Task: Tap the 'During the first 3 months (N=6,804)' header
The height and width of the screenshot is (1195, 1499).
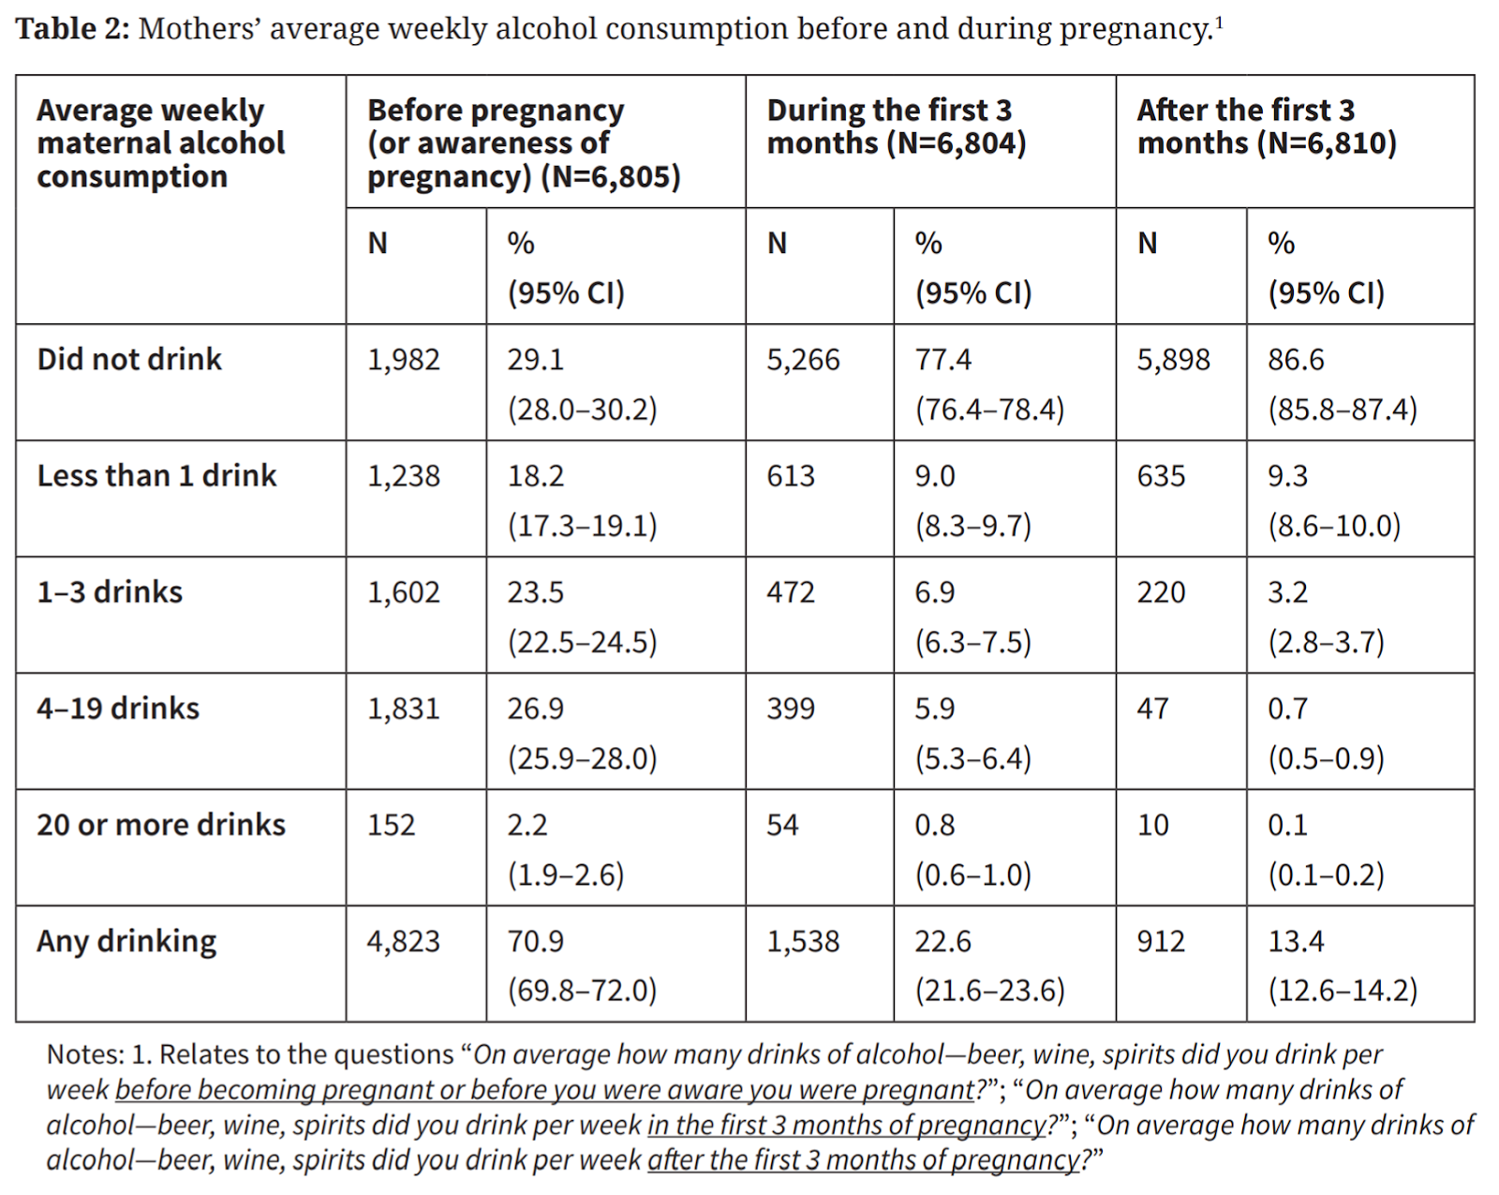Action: click(896, 127)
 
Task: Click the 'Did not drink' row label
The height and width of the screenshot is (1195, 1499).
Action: click(129, 359)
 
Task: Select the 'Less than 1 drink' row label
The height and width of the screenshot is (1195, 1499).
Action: click(156, 475)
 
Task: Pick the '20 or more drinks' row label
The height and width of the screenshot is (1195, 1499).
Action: click(160, 825)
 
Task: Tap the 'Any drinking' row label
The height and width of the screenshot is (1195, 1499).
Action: click(126, 941)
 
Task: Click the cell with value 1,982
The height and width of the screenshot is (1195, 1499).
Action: click(403, 360)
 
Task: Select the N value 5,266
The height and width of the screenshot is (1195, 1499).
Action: click(803, 360)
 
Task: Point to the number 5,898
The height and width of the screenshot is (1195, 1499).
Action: click(1173, 360)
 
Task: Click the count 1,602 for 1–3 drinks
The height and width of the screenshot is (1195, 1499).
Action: click(403, 592)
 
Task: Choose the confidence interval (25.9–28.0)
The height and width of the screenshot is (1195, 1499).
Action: click(582, 757)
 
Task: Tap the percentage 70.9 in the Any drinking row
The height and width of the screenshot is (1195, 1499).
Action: click(535, 941)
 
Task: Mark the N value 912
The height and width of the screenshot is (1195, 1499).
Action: click(1161, 941)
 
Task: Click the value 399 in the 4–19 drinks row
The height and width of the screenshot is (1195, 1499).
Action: click(790, 709)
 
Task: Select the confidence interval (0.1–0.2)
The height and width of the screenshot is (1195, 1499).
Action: click(1326, 874)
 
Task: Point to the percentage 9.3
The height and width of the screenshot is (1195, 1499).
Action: click(1287, 476)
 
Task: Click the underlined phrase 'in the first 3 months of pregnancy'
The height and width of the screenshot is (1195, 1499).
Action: click(846, 1125)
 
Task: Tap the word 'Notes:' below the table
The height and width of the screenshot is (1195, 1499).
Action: click(85, 1054)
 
